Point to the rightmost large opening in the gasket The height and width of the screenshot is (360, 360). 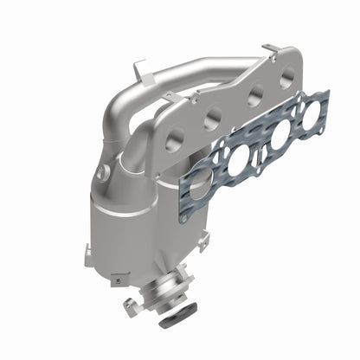pyautogui.click(x=305, y=113)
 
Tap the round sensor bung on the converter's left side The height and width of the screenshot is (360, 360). pyautogui.click(x=103, y=173)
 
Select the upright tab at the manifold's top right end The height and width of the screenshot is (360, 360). pyautogui.click(x=270, y=50)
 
